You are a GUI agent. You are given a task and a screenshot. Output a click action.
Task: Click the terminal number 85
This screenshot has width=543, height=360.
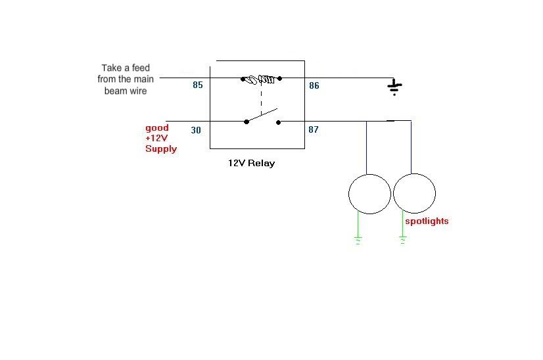[198, 85]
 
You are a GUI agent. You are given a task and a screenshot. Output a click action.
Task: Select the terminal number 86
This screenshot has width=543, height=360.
[314, 85]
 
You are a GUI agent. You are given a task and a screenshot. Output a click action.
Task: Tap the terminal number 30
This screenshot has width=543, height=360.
[196, 130]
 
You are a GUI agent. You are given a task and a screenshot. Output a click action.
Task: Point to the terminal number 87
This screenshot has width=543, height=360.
[314, 129]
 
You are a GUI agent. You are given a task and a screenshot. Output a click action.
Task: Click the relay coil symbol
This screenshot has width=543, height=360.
[261, 79]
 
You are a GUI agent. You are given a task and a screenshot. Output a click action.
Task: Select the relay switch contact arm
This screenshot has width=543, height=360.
[262, 116]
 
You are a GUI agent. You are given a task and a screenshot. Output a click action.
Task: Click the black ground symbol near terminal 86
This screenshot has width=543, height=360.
[394, 87]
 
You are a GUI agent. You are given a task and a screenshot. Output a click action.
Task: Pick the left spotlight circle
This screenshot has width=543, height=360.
[369, 194]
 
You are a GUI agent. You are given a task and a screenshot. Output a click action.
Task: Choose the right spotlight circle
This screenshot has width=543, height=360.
[414, 194]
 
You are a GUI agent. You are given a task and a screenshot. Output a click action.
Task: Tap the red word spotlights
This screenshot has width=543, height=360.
[427, 221]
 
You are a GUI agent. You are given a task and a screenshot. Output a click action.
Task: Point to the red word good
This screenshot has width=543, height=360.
[157, 127]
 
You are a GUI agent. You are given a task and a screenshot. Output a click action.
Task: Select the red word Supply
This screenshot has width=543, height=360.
[161, 148]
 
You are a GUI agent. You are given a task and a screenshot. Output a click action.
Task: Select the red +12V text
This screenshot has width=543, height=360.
[157, 138]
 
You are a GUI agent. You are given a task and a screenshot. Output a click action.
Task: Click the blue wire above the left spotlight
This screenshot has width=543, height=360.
[367, 148]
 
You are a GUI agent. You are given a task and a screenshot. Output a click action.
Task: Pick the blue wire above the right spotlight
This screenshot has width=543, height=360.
[412, 148]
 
